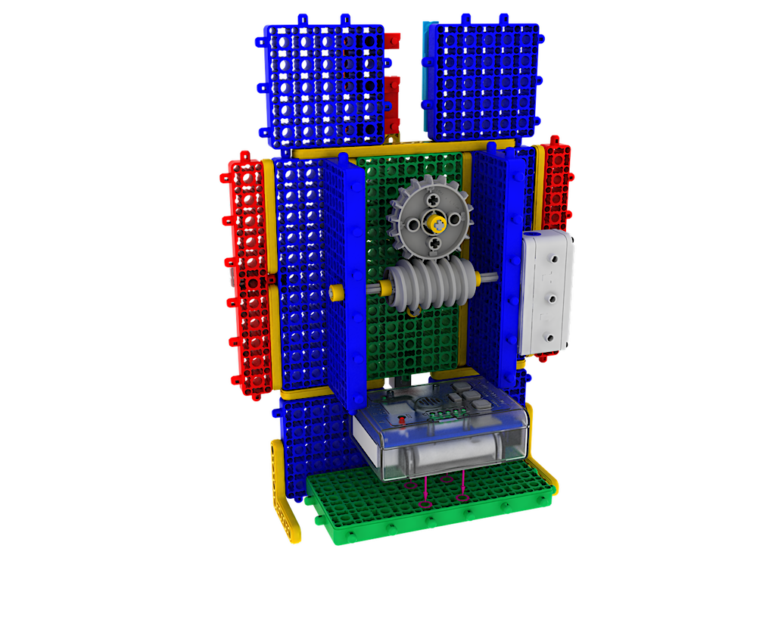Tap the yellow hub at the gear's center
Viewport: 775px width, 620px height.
point(437,223)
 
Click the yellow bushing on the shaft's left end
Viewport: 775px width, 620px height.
point(338,291)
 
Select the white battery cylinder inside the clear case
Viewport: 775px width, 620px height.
point(447,456)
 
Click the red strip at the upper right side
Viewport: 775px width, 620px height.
point(558,185)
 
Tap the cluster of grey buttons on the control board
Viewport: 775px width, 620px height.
point(469,397)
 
